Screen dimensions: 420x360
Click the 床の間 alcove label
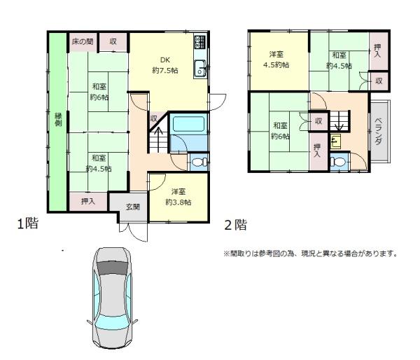coord(83,42)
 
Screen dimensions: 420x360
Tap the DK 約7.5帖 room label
coord(165,65)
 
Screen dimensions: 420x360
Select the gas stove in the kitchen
coord(200,42)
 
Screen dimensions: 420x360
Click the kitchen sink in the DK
coord(200,69)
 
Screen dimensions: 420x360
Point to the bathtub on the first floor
coord(189,124)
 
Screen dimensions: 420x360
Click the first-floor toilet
coord(199,162)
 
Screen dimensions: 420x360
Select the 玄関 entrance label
coord(133,207)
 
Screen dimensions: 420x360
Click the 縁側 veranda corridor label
coord(58,120)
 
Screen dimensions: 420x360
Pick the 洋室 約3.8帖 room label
coord(178,197)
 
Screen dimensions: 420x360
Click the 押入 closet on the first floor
coord(88,201)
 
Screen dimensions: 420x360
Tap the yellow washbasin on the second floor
coord(335,141)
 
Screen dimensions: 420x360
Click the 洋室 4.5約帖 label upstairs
coord(276,60)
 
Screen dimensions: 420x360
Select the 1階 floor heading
coord(28,223)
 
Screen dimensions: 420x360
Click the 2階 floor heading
coord(236,225)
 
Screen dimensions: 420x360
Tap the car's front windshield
coord(112,268)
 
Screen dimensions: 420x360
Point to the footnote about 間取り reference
coord(310,254)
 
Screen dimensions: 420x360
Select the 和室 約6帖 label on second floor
coord(280,131)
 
